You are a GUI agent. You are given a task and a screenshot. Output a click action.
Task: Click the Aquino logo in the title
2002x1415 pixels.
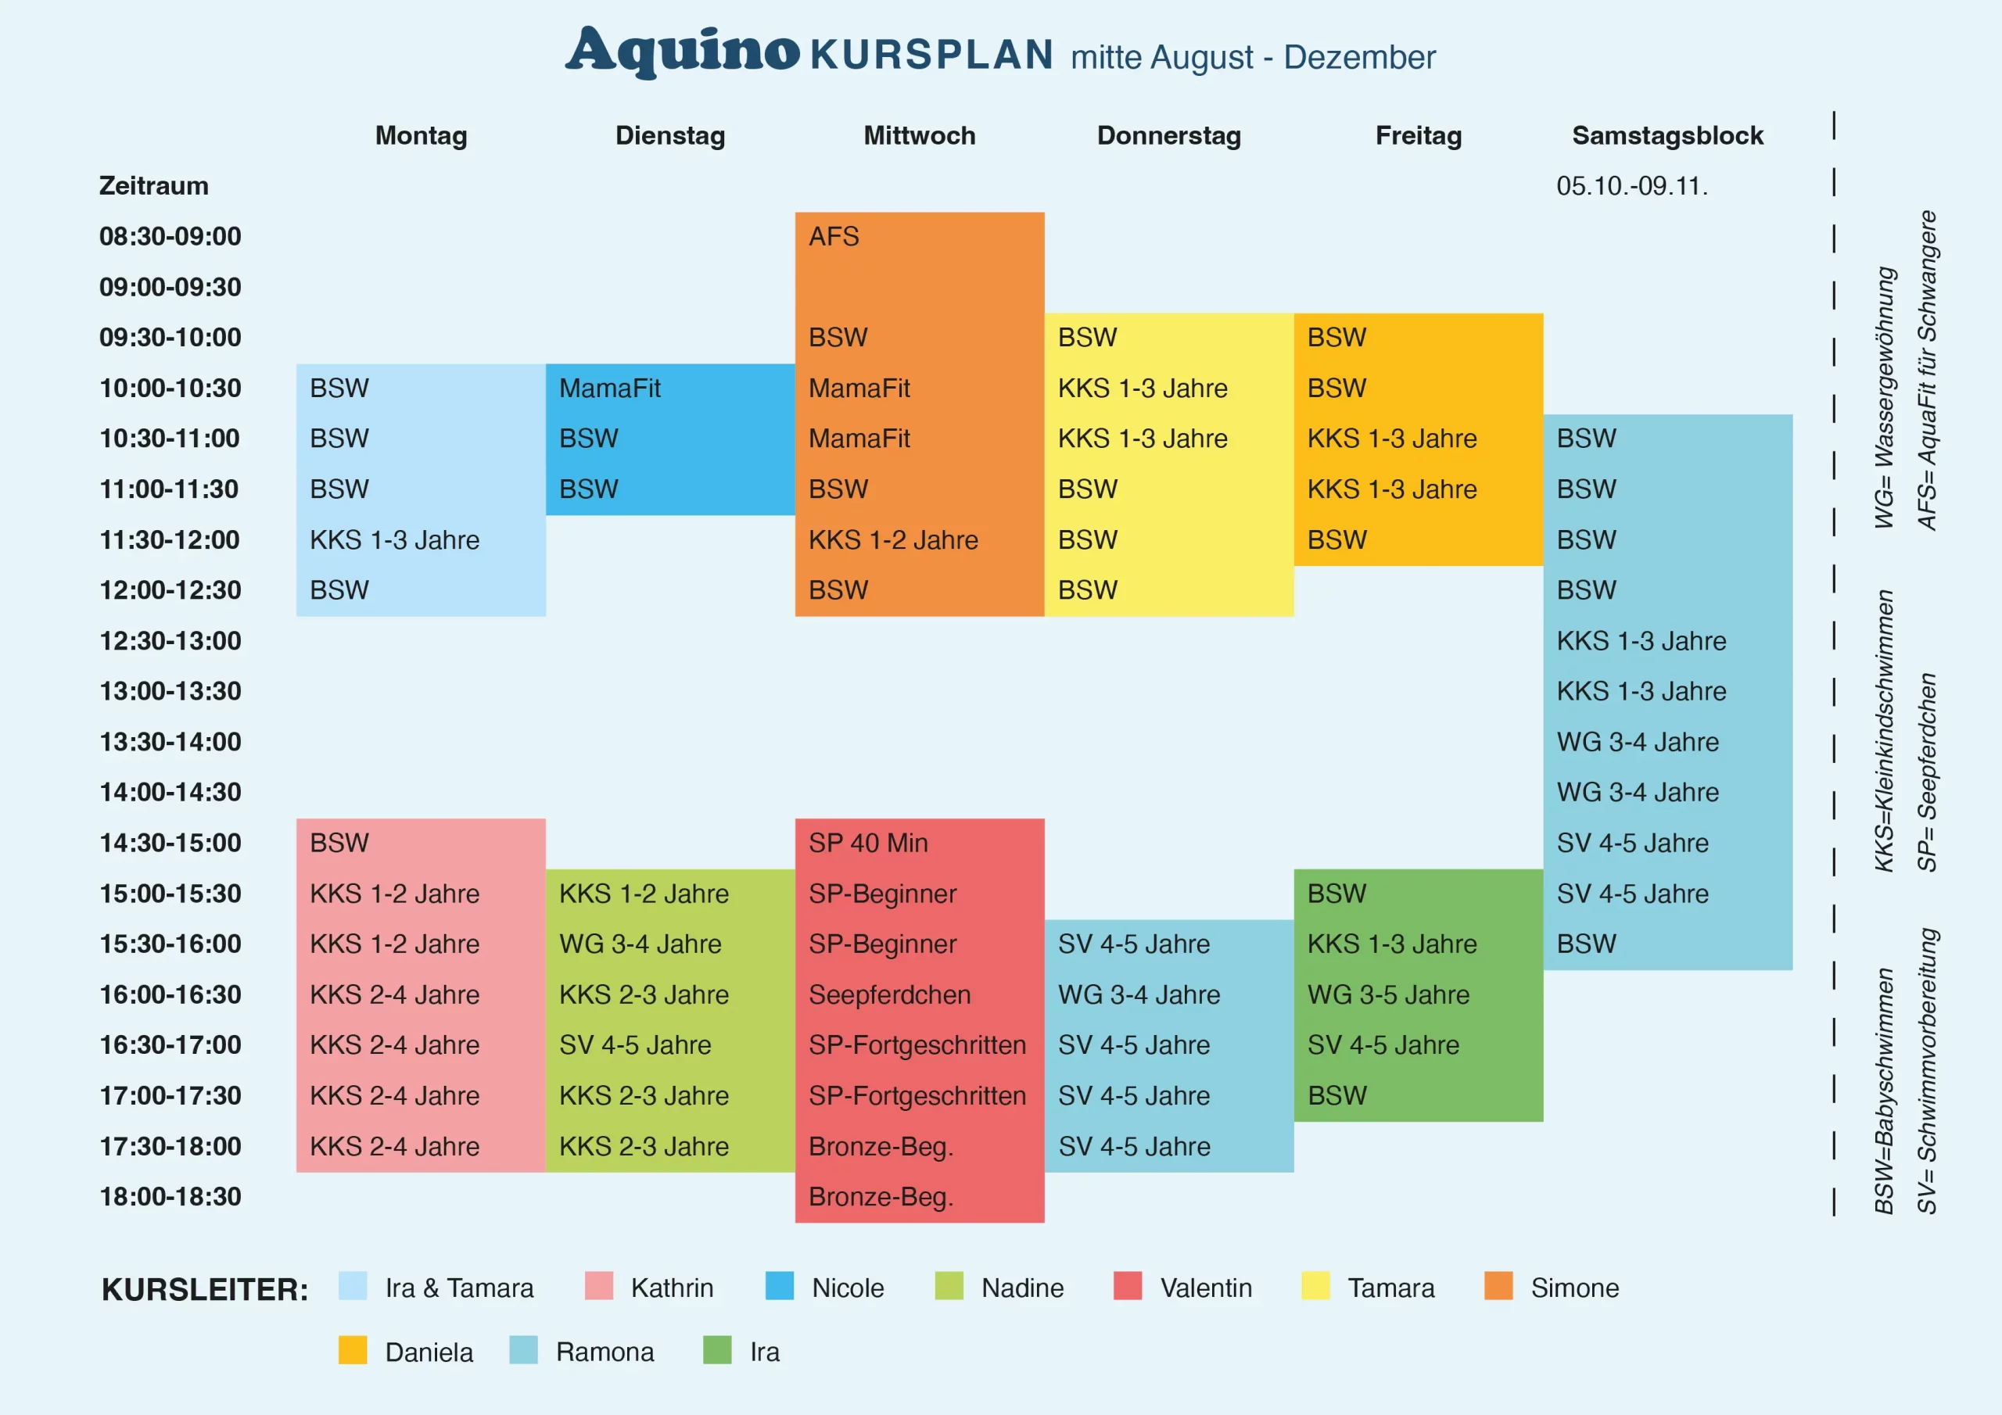682,51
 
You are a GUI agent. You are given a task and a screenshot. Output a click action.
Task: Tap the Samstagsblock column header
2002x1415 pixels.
1667,135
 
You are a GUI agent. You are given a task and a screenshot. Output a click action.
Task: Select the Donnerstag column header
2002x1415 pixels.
1168,135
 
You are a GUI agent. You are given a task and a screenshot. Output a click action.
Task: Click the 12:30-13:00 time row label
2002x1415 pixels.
170,641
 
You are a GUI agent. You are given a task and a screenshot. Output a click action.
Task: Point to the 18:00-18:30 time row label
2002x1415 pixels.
170,1196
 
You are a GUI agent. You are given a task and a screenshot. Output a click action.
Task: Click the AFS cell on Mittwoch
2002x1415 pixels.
834,236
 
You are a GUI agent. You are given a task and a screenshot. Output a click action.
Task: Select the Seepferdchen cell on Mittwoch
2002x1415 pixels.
889,994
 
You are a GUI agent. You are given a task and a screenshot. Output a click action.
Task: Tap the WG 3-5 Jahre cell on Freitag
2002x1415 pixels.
1388,994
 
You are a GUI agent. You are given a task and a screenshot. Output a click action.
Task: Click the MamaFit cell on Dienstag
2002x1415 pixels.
609,388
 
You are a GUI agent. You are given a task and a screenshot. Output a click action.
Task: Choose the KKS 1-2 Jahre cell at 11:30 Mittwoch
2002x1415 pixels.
893,539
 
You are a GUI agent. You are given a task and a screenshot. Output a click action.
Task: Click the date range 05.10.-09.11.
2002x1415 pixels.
1631,186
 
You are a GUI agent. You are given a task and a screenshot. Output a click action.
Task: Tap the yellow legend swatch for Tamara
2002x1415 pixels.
1315,1286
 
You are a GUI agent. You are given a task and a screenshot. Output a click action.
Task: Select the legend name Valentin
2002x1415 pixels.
1206,1288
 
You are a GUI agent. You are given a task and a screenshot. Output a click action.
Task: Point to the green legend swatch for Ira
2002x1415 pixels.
717,1350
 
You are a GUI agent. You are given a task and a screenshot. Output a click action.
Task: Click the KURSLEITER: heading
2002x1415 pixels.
205,1288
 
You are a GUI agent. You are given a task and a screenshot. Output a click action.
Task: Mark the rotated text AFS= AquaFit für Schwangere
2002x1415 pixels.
1926,371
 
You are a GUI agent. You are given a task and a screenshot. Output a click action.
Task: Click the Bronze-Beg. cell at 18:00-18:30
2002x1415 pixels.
881,1196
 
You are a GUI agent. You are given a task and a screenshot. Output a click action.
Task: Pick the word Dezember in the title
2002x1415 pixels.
1359,58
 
